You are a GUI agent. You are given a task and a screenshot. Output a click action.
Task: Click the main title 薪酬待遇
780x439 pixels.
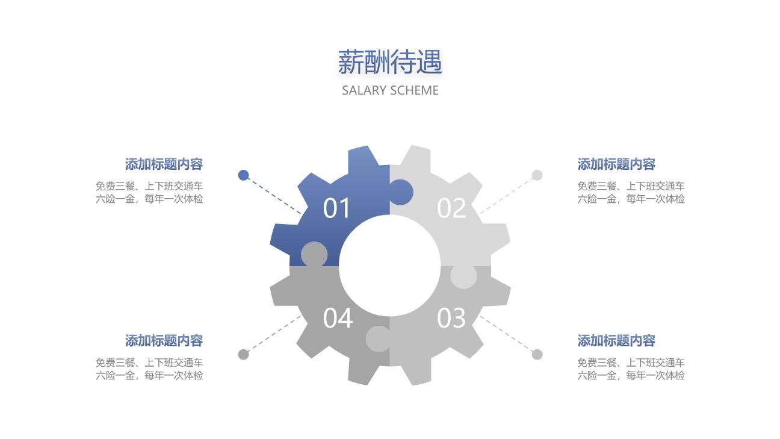[390, 62]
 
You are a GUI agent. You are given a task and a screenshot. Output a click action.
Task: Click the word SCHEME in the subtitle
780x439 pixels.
[414, 90]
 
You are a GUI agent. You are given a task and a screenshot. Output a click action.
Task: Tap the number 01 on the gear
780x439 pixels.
[336, 208]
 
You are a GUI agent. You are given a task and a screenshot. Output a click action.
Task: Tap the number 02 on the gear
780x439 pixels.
[451, 208]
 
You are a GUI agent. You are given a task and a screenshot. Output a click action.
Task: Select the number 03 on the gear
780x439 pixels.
[451, 318]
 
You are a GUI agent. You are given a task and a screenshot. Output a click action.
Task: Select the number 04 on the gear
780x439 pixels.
[338, 318]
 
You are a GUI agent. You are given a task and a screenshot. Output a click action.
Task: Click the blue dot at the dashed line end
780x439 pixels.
[243, 175]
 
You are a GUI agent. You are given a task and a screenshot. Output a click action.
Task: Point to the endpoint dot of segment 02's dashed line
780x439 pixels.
[537, 175]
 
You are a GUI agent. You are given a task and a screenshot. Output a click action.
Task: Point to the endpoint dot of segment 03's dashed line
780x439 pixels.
[537, 355]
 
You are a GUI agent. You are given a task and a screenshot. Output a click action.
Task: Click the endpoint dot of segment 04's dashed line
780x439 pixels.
[243, 355]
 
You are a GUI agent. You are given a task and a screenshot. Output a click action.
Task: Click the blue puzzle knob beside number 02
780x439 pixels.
[401, 192]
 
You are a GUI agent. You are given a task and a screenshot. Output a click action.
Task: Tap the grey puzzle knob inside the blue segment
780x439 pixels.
[314, 254]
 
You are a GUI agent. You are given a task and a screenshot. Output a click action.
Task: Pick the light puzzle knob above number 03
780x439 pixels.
[463, 276]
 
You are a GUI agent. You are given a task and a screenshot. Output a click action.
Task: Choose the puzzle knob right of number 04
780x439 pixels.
[378, 339]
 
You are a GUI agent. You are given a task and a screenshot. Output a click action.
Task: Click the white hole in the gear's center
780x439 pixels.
[390, 266]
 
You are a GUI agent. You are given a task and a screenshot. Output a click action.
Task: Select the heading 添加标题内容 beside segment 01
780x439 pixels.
[164, 164]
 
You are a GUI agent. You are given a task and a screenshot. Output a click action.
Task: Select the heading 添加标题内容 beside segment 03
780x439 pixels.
[616, 341]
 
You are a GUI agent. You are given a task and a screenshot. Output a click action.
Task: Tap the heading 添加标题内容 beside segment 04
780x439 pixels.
[164, 341]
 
